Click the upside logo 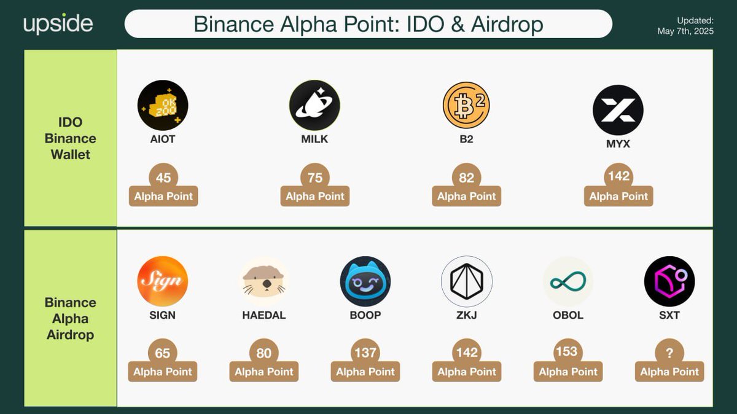[x=58, y=24]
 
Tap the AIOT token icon [x=163, y=105]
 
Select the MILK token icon [x=314, y=105]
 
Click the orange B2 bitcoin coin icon [x=466, y=105]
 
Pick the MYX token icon [x=618, y=110]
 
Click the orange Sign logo [x=163, y=281]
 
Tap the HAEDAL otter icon [x=264, y=281]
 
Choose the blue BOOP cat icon [x=365, y=281]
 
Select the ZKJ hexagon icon [x=467, y=281]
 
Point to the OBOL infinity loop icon [x=568, y=282]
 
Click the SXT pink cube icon [x=669, y=281]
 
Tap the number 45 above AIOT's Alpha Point [x=163, y=178]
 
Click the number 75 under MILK [x=315, y=178]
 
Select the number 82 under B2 [x=466, y=178]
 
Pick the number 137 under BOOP [x=365, y=353]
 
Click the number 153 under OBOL [x=566, y=351]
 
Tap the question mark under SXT [x=669, y=353]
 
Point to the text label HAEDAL [x=264, y=315]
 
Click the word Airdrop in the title [x=507, y=25]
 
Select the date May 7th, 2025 [x=685, y=31]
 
